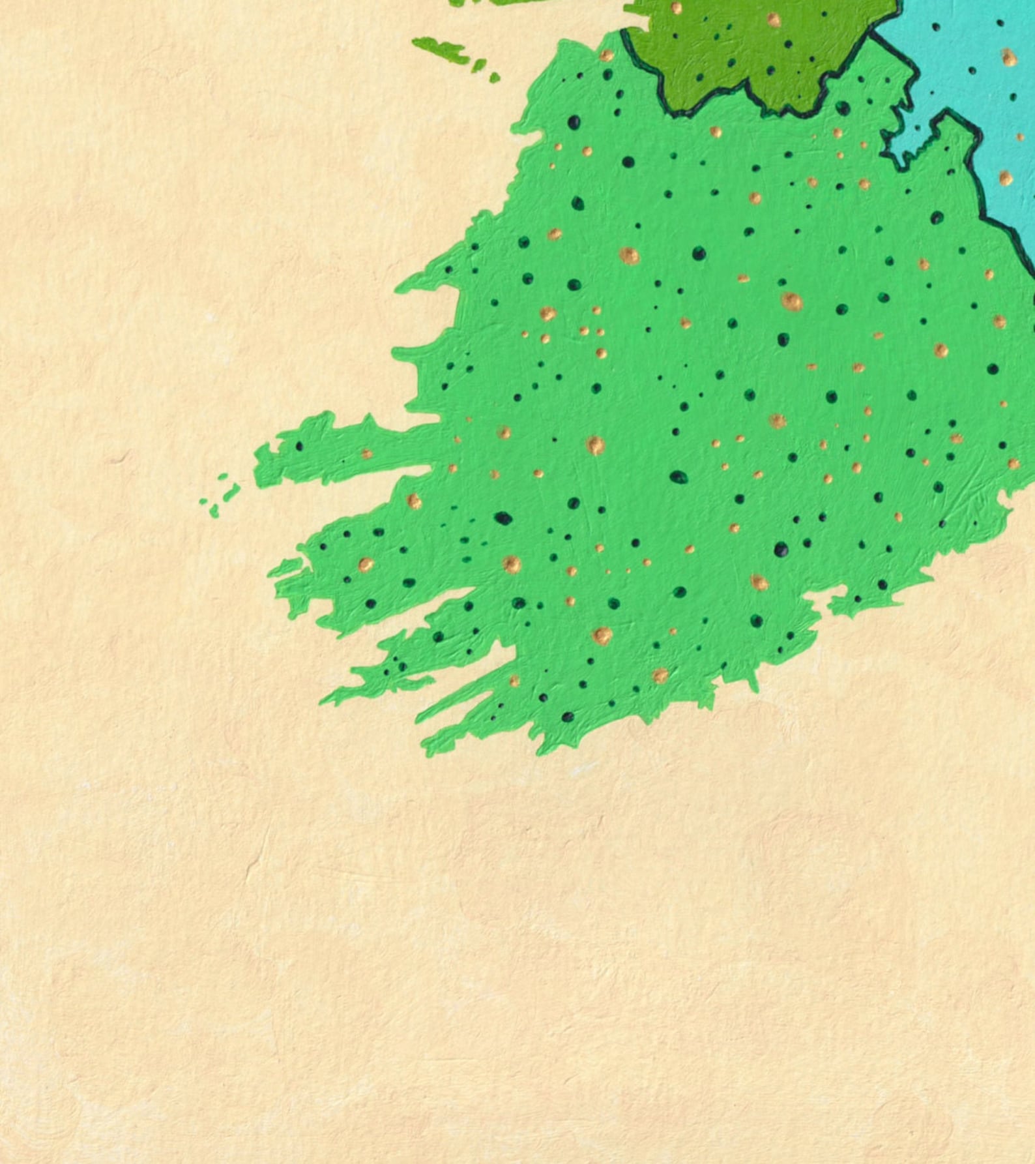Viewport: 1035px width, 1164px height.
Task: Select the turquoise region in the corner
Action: click(978, 98)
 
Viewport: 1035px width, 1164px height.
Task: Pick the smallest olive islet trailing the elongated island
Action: click(495, 78)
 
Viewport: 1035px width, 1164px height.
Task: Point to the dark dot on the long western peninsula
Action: click(299, 447)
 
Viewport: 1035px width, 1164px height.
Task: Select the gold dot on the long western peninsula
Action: click(366, 453)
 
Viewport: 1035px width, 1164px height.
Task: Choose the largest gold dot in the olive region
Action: click(774, 20)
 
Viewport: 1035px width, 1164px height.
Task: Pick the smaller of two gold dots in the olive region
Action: click(677, 8)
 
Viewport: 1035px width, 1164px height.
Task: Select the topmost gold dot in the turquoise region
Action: click(1009, 57)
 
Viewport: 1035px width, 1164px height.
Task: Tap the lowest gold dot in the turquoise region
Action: click(1006, 178)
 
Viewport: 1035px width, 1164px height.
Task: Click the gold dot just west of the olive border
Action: click(606, 55)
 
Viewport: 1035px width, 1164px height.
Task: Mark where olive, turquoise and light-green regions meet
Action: click(873, 36)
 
